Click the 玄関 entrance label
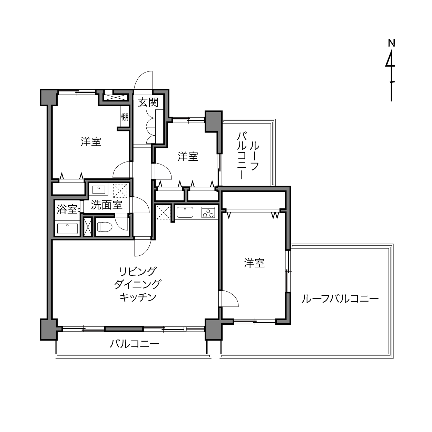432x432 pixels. (x=148, y=102)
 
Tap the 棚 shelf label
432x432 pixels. (x=125, y=117)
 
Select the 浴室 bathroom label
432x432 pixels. (x=67, y=209)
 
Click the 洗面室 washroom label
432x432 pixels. (x=107, y=205)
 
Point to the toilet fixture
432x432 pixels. (x=105, y=227)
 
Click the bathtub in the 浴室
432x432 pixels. (x=68, y=228)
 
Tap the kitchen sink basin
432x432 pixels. (x=185, y=212)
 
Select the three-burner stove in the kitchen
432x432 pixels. (x=208, y=212)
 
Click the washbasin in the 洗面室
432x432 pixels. (x=99, y=190)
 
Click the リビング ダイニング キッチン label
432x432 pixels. (x=137, y=284)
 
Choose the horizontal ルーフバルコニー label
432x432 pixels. (x=340, y=299)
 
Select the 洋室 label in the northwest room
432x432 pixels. (x=91, y=142)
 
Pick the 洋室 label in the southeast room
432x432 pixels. (x=254, y=263)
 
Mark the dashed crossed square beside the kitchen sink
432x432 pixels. (x=164, y=212)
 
